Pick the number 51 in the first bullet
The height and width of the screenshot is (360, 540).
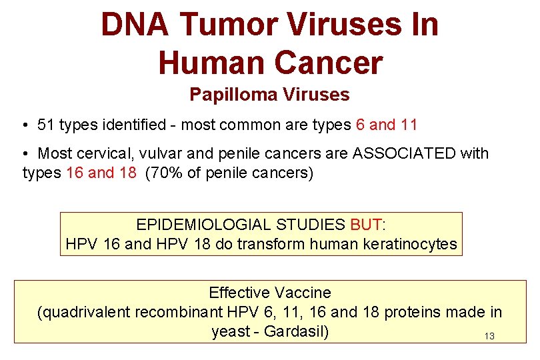point(46,125)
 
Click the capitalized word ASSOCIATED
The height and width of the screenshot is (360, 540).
point(403,153)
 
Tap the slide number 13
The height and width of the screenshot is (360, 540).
point(489,337)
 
